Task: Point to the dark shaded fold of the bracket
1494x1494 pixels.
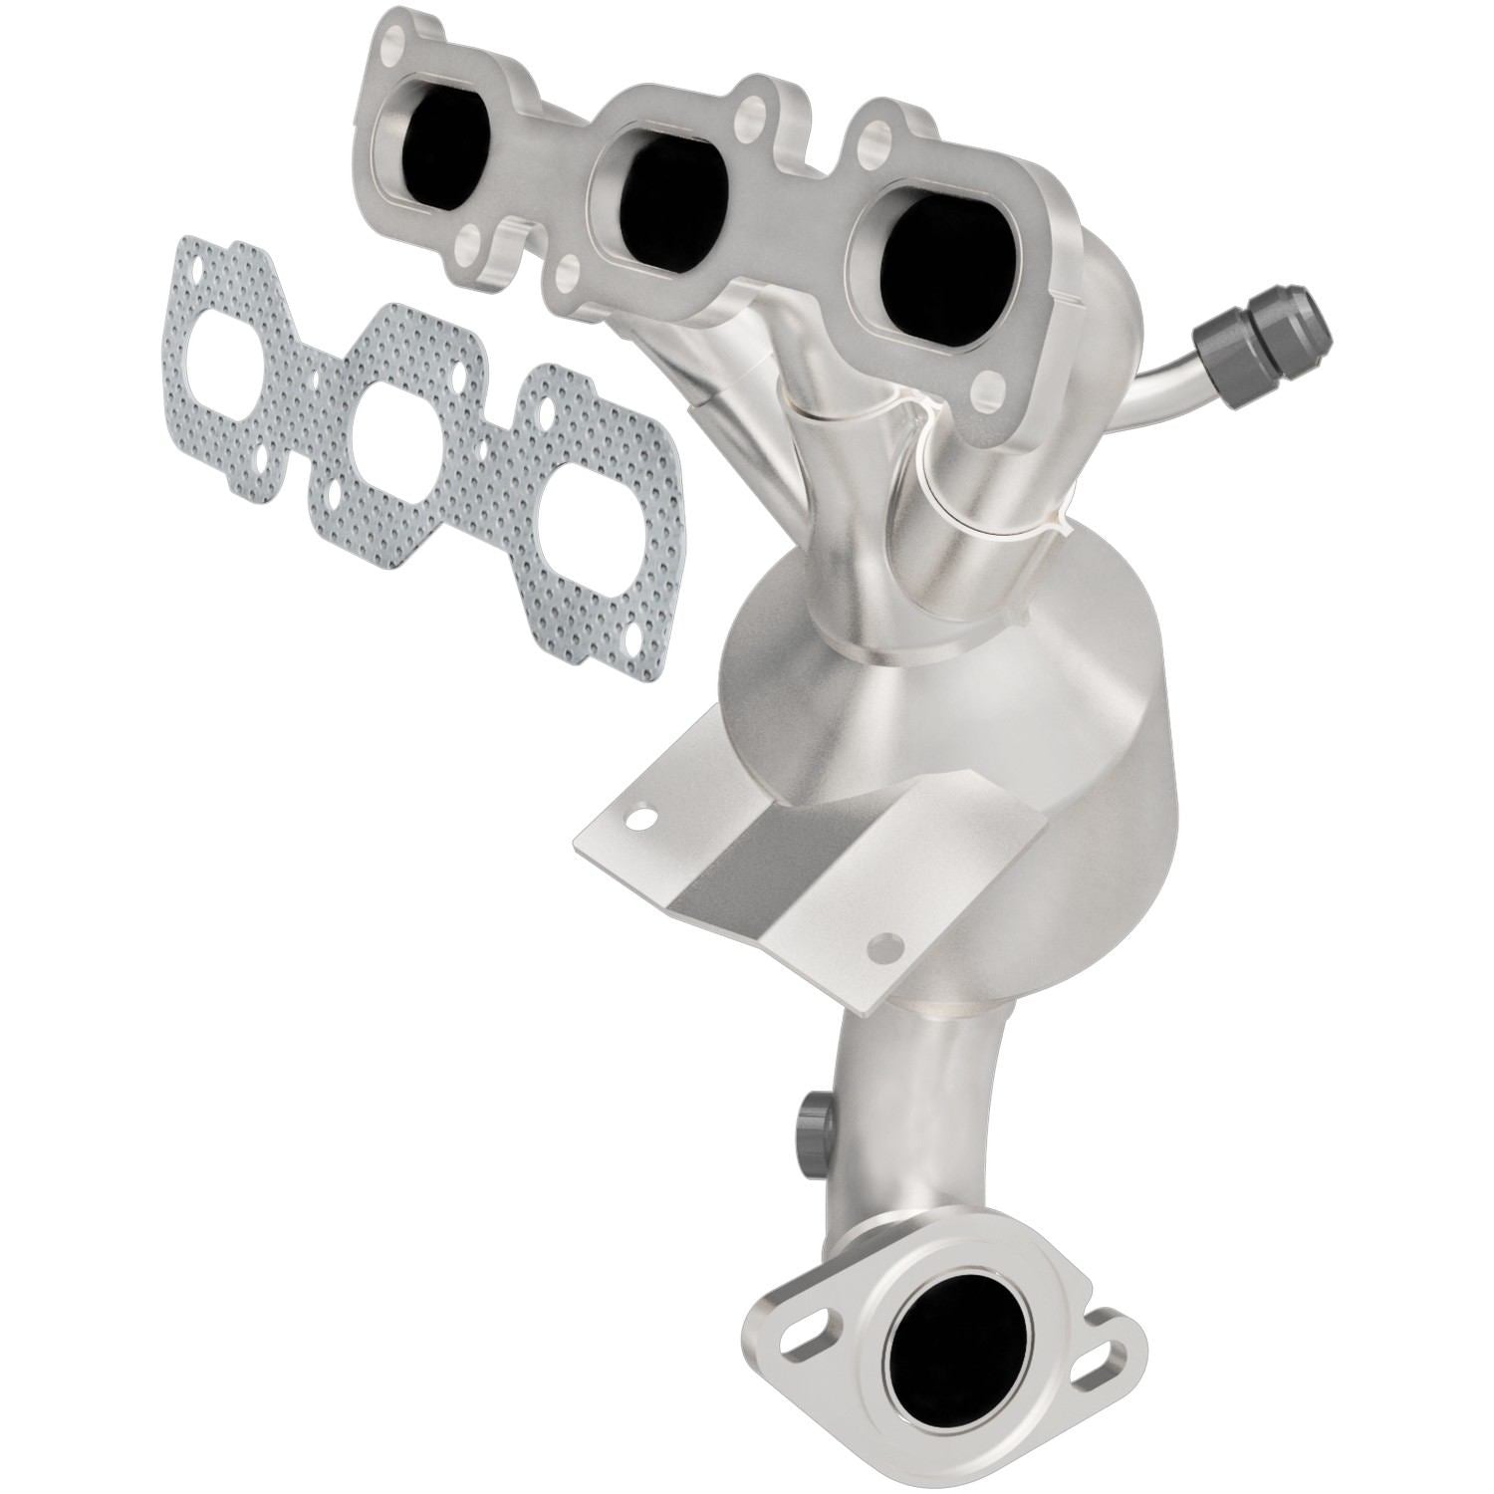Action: (757, 867)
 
